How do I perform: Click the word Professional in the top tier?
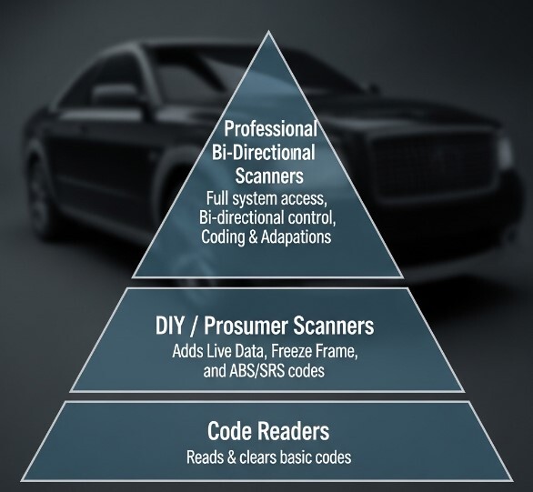(x=270, y=129)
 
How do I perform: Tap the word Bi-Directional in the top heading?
(x=263, y=152)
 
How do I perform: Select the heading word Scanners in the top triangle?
(x=269, y=176)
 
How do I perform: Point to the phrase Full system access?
(x=266, y=199)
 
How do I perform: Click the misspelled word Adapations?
(x=297, y=236)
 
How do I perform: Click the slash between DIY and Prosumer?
(x=194, y=326)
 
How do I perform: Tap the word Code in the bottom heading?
(x=229, y=431)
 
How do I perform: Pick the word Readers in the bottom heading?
(x=293, y=431)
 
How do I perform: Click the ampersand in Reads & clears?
(x=231, y=457)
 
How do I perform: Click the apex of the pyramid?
(x=268, y=31)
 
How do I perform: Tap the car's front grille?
(x=433, y=163)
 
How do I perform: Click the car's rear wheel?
(x=41, y=190)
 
